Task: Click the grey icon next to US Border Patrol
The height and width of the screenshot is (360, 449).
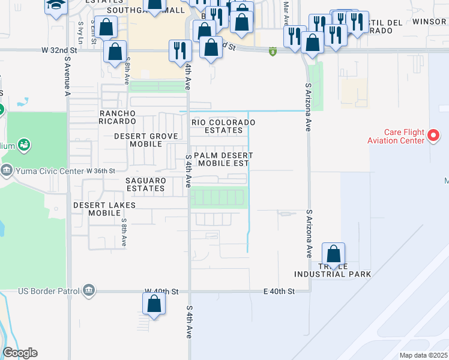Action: point(89,291)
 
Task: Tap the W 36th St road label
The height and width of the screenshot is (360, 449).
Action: point(100,170)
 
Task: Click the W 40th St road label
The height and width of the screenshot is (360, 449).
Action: point(161,292)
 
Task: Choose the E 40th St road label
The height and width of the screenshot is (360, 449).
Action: point(280,292)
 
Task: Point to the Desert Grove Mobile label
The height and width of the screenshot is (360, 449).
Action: point(146,140)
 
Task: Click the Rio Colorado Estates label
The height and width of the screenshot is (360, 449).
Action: point(223,126)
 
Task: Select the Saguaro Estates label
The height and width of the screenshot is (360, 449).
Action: point(145,184)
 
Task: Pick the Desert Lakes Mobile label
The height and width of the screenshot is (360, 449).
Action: point(104,209)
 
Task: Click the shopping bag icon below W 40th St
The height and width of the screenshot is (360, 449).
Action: point(154,303)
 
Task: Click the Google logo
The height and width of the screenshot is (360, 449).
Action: point(20,353)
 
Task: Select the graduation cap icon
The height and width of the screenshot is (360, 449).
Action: point(56,6)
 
